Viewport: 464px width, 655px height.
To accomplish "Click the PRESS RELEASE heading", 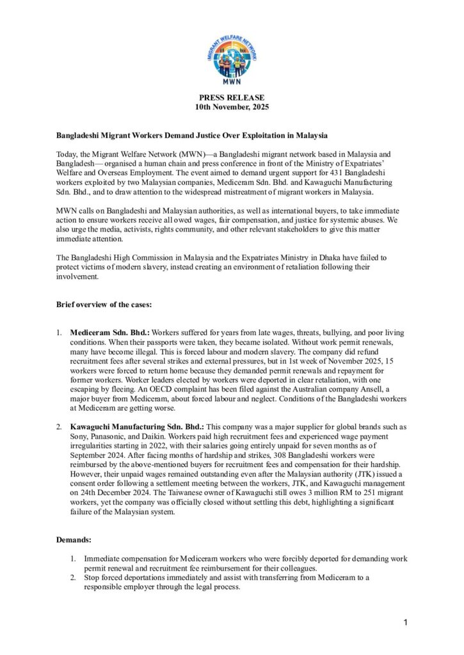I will (232, 98).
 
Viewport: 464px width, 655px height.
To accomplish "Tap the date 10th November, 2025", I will (232, 107).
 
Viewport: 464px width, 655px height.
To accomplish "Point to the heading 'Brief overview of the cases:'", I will (104, 304).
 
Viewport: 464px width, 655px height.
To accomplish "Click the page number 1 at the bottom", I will (406, 622).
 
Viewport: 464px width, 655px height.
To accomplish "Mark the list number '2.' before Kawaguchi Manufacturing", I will (59, 427).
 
